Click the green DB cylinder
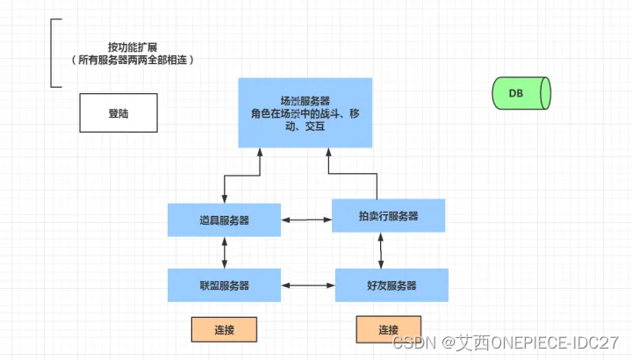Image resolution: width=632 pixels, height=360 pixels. [521, 92]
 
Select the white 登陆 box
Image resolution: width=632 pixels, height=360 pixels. [118, 113]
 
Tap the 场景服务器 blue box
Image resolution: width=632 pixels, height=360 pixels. [305, 112]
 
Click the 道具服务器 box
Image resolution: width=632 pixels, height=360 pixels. [224, 220]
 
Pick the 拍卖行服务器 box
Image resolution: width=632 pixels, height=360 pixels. [388, 215]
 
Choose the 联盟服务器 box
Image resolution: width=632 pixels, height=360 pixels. [224, 285]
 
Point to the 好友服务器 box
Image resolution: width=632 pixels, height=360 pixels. [391, 285]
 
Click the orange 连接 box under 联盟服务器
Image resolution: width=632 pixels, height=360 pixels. [224, 330]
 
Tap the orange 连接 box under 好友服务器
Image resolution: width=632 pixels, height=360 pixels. [389, 330]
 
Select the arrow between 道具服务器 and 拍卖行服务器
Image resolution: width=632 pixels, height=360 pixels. [306, 218]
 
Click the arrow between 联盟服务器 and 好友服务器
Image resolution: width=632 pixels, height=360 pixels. [307, 285]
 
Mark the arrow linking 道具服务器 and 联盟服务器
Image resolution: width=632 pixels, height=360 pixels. [226, 252]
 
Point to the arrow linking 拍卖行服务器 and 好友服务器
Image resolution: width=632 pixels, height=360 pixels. [381, 250]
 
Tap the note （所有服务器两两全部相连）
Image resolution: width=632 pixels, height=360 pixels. [132, 61]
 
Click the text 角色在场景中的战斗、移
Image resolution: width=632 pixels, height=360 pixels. [305, 114]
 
